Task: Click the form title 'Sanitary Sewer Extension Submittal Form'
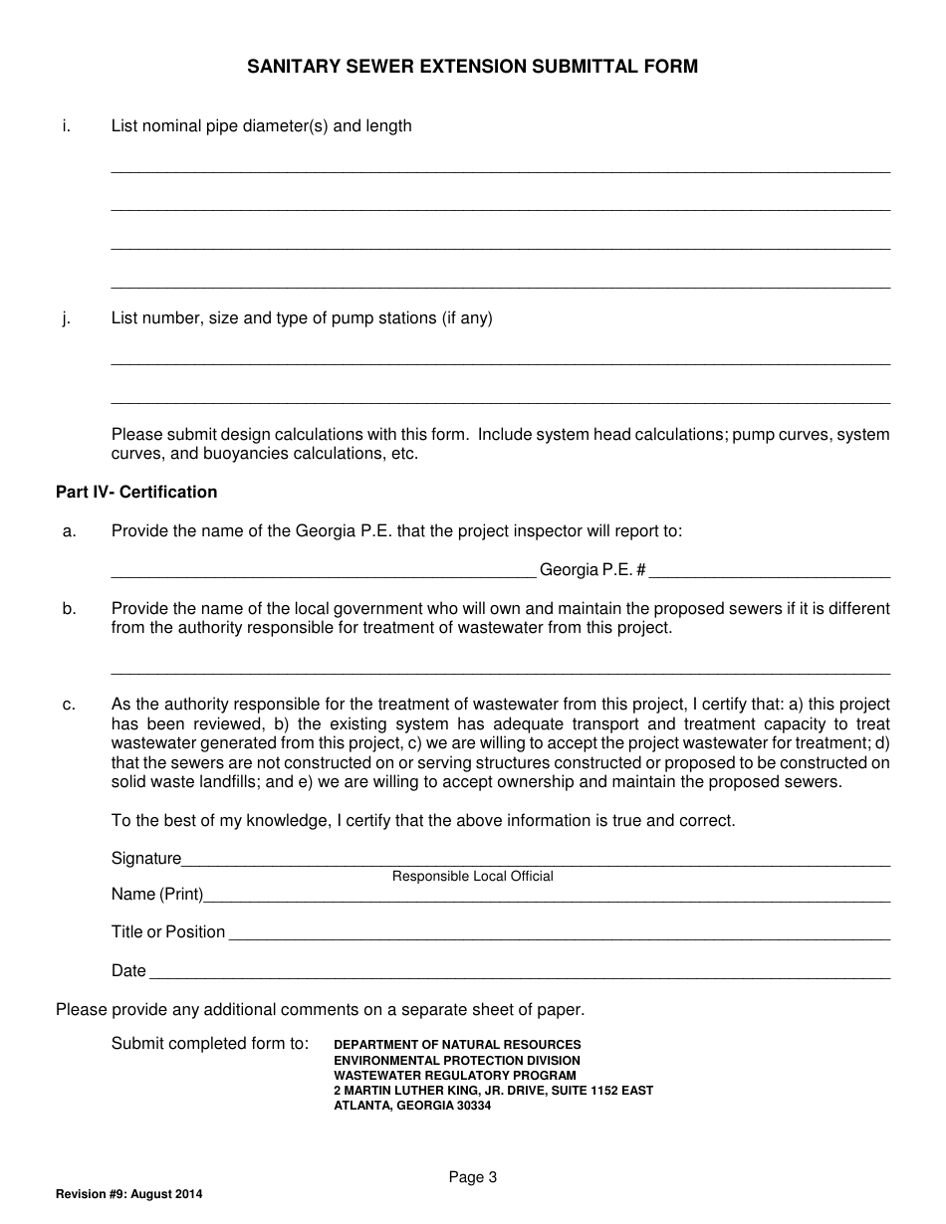[472, 67]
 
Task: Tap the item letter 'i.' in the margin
[66, 126]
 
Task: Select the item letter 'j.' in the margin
[66, 318]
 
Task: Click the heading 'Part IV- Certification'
[136, 492]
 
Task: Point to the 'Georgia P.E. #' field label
[592, 570]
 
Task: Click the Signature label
[146, 858]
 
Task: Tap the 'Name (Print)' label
[157, 894]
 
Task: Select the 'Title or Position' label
[168, 932]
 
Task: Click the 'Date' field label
[128, 970]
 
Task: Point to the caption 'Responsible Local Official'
[472, 877]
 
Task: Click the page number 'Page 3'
[472, 1177]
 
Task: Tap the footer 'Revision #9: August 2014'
[129, 1194]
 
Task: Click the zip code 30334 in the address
[473, 1106]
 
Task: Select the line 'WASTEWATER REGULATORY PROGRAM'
[454, 1076]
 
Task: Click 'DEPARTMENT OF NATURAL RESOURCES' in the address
[457, 1045]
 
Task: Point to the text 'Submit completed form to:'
[210, 1044]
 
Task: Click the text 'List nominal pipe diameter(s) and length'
[261, 126]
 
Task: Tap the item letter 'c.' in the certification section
[69, 705]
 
